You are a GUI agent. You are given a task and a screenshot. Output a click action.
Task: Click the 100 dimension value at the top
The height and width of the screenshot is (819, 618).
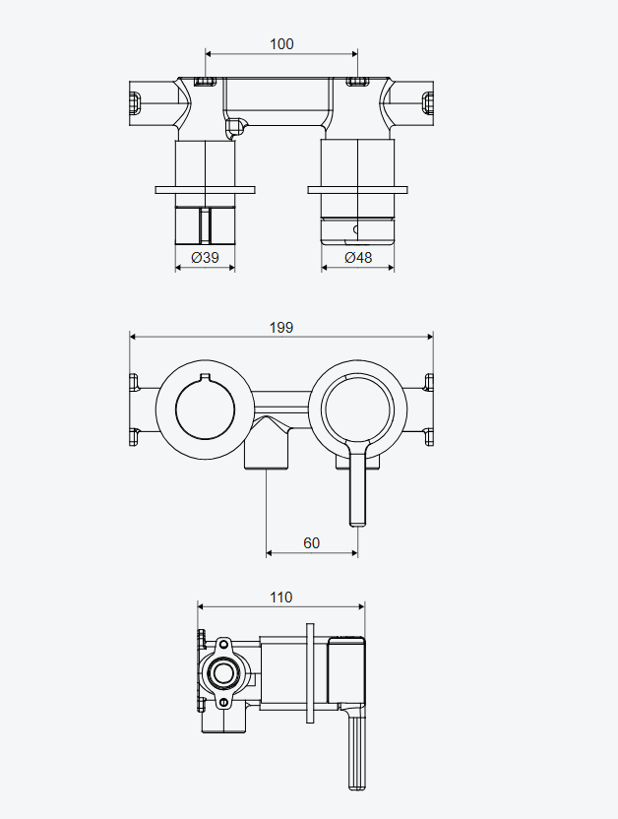281,44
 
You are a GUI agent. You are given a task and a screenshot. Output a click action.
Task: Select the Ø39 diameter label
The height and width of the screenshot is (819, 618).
205,257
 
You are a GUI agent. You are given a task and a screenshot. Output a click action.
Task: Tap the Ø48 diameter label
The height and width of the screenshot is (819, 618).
358,257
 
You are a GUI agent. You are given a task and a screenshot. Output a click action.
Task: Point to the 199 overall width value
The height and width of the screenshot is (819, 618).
281,328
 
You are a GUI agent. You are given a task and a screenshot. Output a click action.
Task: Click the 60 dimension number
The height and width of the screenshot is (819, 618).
312,543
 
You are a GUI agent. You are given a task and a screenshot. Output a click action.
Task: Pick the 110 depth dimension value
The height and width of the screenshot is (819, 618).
281,597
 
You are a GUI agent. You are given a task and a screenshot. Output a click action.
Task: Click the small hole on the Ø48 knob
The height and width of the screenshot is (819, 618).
356,229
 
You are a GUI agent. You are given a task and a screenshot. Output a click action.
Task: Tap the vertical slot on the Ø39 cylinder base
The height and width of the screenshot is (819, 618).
205,225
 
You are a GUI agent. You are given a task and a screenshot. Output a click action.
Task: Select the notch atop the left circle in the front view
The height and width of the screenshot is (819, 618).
205,377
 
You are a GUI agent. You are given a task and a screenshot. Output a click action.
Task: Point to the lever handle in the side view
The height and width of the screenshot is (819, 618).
357,747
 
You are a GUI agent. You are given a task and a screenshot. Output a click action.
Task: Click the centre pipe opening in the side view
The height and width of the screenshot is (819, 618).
224,673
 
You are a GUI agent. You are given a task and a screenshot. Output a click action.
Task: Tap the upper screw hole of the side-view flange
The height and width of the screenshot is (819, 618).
223,644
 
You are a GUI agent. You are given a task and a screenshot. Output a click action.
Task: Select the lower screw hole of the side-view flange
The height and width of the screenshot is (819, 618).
223,703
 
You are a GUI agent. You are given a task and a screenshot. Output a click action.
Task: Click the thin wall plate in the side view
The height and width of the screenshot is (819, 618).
310,673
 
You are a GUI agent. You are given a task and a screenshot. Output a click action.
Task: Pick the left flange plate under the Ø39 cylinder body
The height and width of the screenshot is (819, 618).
205,190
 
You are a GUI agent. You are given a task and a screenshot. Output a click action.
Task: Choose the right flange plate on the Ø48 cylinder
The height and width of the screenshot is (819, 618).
357,190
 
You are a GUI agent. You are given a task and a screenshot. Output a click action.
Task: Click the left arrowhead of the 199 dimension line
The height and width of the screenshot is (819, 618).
133,337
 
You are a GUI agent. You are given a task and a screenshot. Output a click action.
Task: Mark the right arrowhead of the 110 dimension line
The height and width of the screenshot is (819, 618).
361,606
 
